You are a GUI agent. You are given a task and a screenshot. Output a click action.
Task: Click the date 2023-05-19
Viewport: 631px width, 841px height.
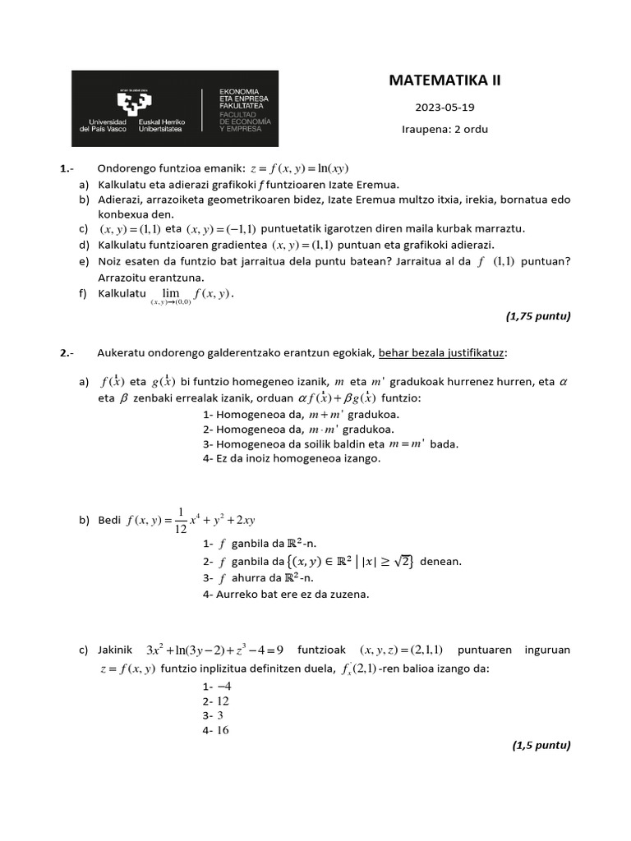click(444, 108)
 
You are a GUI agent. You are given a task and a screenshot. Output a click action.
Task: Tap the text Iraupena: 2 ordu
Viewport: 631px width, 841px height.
click(444, 129)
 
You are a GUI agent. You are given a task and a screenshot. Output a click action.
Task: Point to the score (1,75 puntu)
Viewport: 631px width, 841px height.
click(537, 315)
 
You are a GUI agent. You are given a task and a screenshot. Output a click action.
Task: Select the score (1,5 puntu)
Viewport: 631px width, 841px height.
click(541, 745)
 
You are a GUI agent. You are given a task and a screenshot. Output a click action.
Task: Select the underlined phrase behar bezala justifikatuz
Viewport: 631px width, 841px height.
click(442, 352)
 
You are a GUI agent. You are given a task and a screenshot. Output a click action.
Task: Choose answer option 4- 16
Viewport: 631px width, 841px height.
click(215, 730)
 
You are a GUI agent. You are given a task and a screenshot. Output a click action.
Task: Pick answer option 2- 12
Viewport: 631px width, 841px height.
click(215, 701)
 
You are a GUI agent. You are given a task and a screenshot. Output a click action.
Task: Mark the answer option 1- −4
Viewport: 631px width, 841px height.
click(217, 686)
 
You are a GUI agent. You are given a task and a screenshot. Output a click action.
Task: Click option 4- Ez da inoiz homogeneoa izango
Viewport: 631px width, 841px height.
click(292, 458)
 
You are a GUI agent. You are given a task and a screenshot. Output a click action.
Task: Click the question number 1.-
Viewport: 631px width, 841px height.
click(67, 169)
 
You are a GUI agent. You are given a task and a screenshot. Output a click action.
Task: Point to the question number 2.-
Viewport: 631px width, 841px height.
click(67, 353)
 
